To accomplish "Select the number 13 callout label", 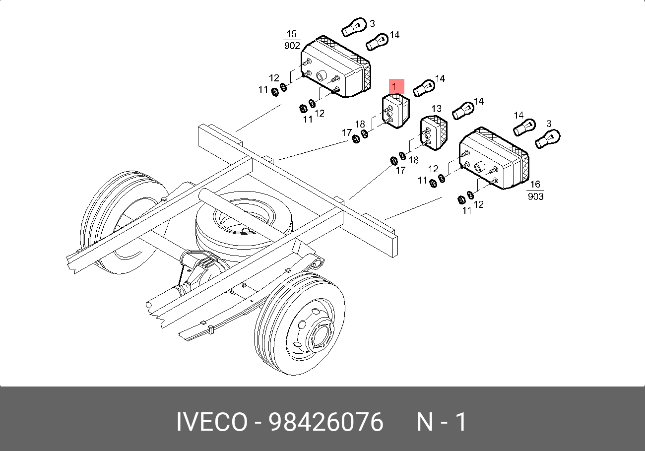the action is tap(436, 109).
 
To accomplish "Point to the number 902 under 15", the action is tap(292, 46).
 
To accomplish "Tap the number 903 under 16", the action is tap(535, 196).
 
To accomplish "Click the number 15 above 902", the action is tap(292, 34).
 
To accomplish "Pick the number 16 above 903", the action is tap(535, 185).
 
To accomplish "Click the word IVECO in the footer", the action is tap(212, 422).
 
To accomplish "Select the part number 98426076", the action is tap(326, 422).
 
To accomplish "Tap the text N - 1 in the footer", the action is tap(441, 422).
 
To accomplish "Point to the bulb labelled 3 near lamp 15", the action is tap(354, 27).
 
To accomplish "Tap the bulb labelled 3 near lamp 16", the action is tap(548, 138).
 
